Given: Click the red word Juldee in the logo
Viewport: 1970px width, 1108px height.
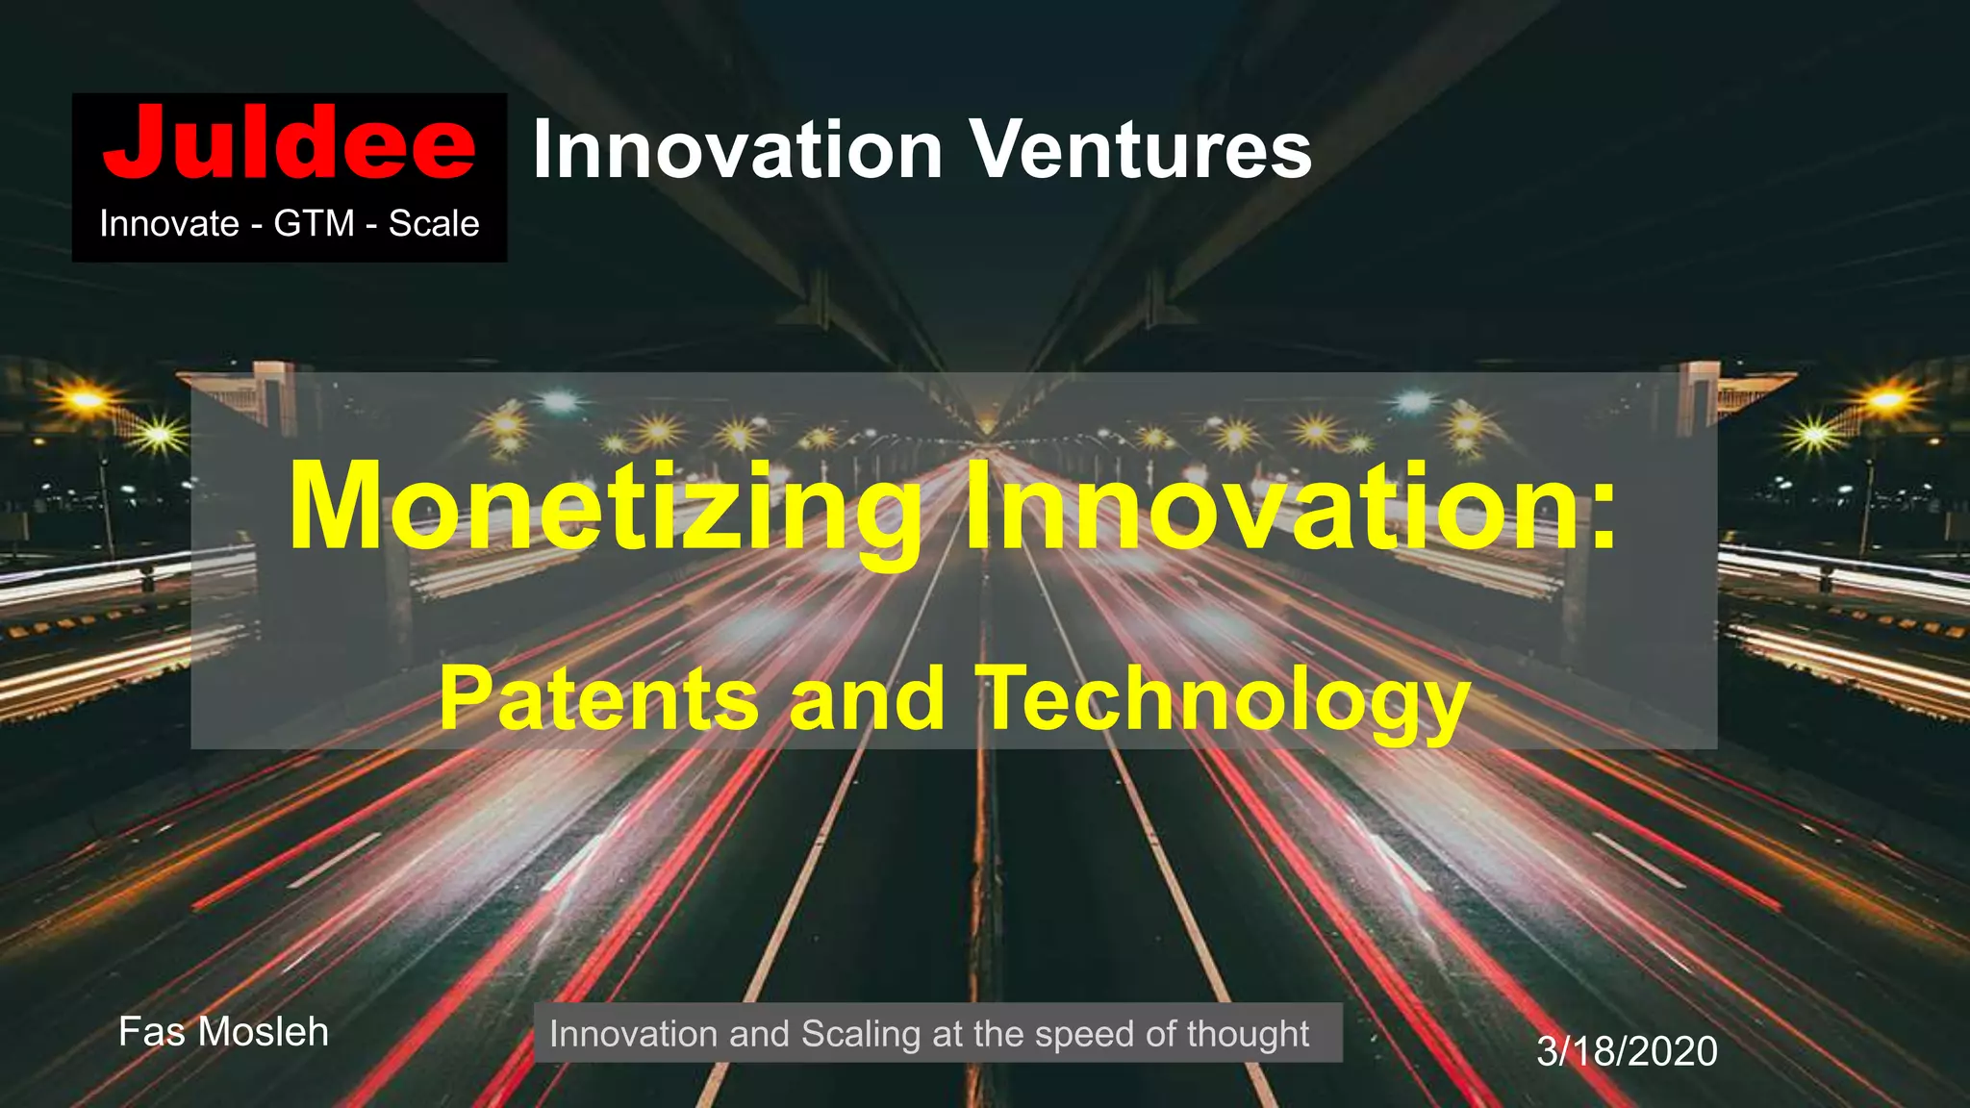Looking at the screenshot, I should pyautogui.click(x=289, y=144).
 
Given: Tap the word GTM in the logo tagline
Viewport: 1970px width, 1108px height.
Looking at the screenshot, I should pyautogui.click(x=314, y=224).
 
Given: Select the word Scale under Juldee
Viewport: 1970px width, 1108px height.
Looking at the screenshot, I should pyautogui.click(x=434, y=224).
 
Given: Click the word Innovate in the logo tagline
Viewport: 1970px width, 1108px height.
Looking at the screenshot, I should pyautogui.click(x=169, y=224).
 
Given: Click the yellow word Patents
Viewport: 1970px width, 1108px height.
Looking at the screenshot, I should pyautogui.click(x=597, y=699).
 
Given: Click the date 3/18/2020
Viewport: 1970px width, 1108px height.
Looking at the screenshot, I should pyautogui.click(x=1627, y=1051).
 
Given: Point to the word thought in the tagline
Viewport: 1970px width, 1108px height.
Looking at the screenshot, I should pyautogui.click(x=1248, y=1034).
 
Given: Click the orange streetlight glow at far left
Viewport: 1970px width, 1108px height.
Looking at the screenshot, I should pyautogui.click(x=87, y=397).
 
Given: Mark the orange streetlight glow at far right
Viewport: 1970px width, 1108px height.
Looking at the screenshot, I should pyautogui.click(x=1885, y=397).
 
